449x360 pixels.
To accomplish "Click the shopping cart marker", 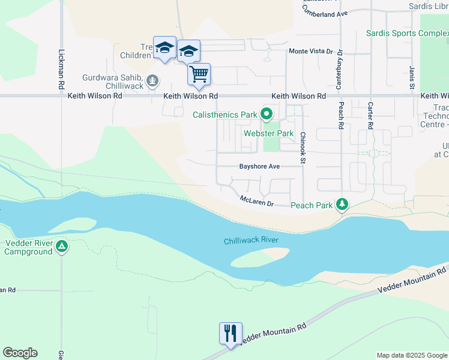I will (199, 75).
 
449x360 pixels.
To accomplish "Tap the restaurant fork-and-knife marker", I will (231, 333).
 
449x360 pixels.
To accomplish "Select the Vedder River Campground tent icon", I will (62, 247).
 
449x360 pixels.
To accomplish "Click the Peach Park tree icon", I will (342, 205).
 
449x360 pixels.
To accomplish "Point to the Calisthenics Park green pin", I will (267, 113).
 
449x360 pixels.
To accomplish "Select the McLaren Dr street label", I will (256, 201).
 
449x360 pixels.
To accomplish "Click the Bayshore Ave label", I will (260, 166).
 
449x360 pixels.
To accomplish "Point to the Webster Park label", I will (268, 133).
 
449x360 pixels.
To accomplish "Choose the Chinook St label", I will (303, 147).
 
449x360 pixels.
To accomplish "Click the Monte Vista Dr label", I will (310, 52).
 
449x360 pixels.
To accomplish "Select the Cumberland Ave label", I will (325, 13).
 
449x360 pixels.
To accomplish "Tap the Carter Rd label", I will (369, 116).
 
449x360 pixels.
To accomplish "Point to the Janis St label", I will (412, 78).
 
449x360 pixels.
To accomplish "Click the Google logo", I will (20, 353).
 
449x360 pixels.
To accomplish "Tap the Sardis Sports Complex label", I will (406, 32).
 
